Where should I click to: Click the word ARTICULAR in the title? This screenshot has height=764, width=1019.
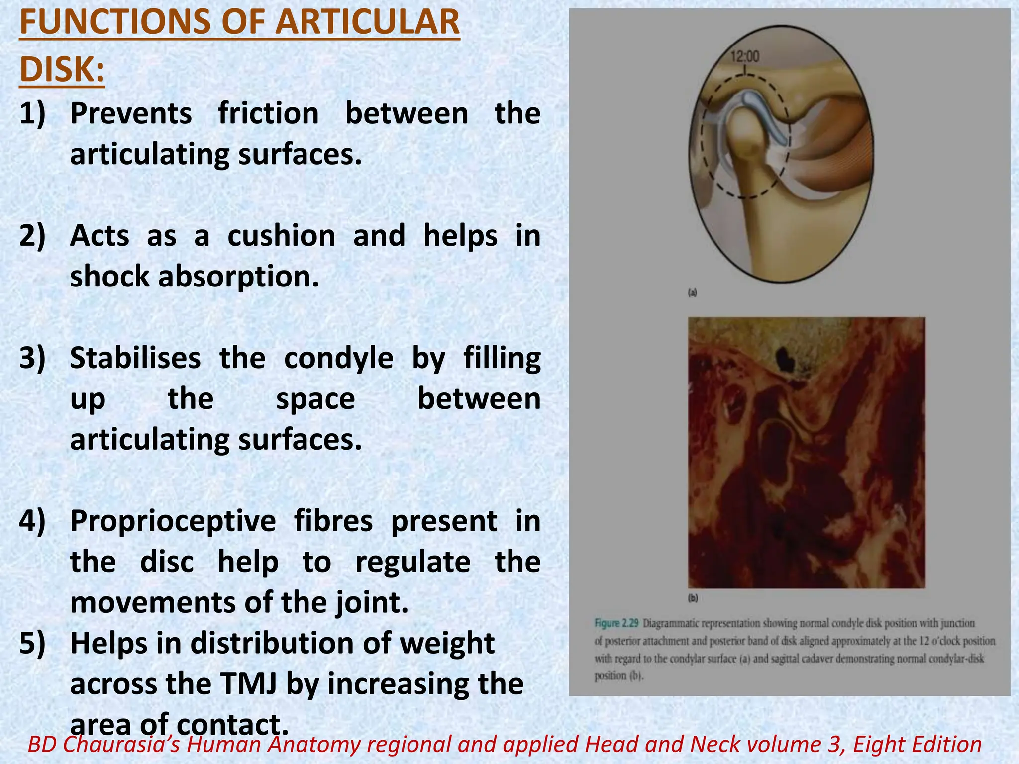coord(368,22)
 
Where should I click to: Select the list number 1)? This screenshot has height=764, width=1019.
coord(32,113)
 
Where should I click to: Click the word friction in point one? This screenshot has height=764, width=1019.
coord(269,113)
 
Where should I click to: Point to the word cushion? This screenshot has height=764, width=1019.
coord(281,235)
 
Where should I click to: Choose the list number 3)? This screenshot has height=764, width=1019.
coord(32,358)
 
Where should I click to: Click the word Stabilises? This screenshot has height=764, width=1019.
coord(135,358)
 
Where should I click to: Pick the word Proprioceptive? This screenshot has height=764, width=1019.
coord(173,521)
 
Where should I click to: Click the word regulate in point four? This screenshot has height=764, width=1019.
coord(413,562)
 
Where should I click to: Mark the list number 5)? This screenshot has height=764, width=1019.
coord(32,643)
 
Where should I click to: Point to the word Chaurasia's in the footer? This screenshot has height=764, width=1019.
coord(121,745)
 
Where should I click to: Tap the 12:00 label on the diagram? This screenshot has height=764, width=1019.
coord(745,56)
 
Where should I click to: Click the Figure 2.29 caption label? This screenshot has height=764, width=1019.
coord(616,623)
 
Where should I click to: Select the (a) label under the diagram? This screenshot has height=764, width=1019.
coord(692,293)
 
